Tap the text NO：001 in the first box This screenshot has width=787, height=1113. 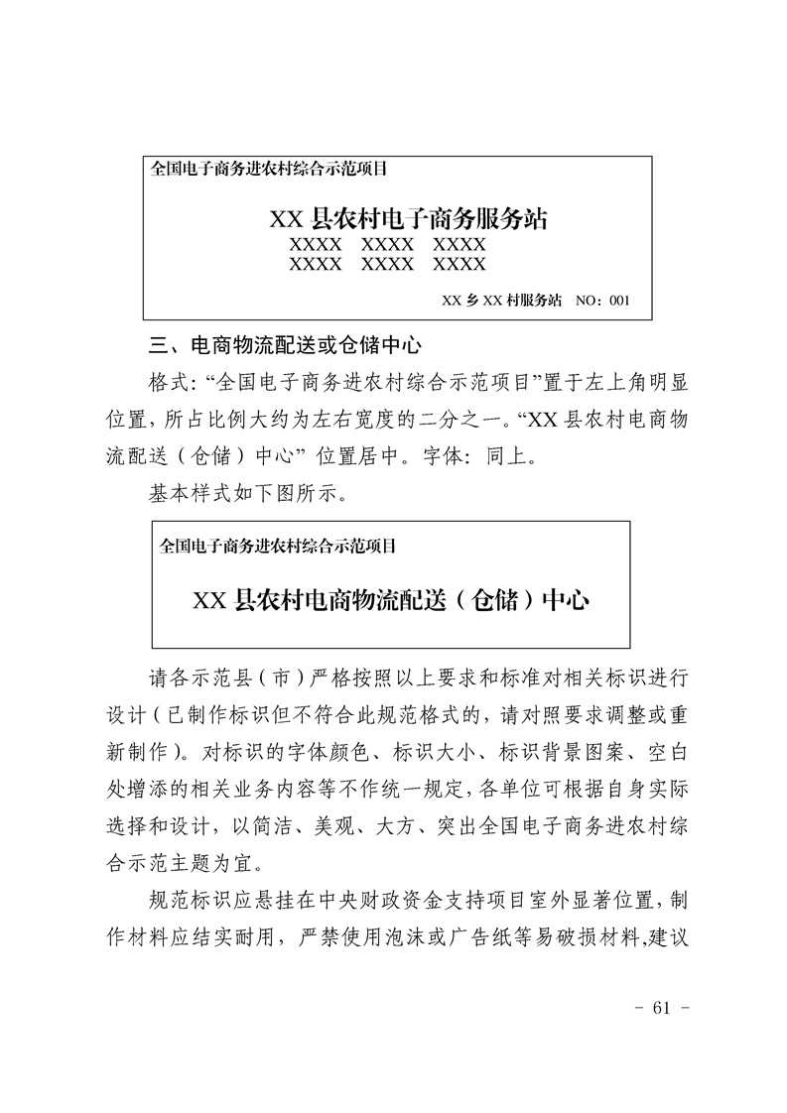pyautogui.click(x=601, y=299)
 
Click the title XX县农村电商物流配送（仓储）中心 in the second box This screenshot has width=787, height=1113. pyautogui.click(x=391, y=600)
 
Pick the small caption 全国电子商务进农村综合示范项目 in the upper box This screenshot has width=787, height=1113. pyautogui.click(x=267, y=169)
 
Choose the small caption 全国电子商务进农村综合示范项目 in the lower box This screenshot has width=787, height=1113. pyautogui.click(x=278, y=546)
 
